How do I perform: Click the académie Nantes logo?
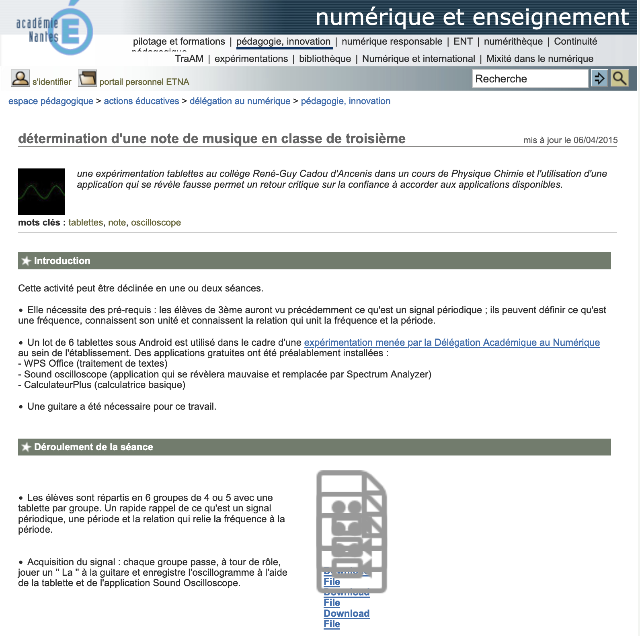[x=54, y=30]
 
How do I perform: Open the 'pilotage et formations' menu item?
[x=179, y=41]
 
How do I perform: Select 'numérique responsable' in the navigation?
[x=392, y=41]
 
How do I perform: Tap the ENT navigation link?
[x=463, y=41]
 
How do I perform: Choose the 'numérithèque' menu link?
[x=513, y=41]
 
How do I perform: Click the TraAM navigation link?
[x=189, y=59]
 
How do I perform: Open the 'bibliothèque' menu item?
[x=325, y=59]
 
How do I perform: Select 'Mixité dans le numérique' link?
[x=539, y=59]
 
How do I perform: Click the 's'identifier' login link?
[x=52, y=82]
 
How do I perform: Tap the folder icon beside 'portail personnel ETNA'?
[x=87, y=78]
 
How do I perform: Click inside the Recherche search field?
[x=529, y=79]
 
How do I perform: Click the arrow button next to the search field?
[x=599, y=78]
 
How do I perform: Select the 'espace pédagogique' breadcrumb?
[x=51, y=101]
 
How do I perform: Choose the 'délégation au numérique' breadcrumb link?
[x=240, y=101]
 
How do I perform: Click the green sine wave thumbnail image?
[x=41, y=192]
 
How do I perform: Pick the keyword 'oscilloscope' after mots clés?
[x=156, y=223]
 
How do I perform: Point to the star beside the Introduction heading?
[x=26, y=261]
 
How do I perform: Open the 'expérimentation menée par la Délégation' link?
[x=452, y=343]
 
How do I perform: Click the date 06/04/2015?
[x=595, y=140]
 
